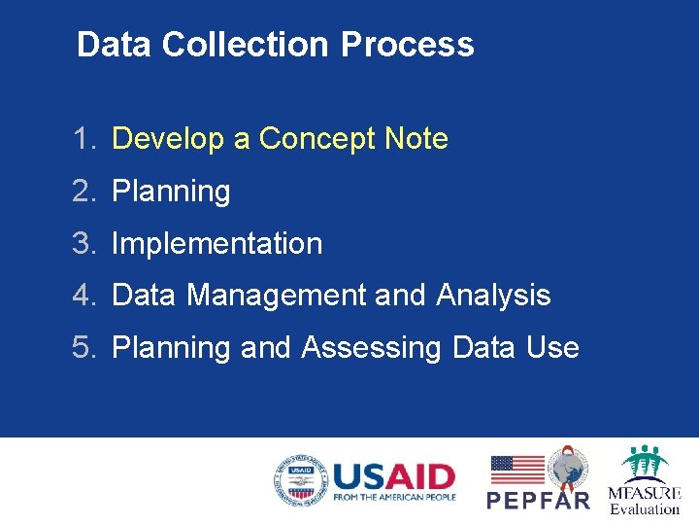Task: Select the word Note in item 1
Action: pyautogui.click(x=416, y=139)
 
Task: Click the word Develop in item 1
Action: pyautogui.click(x=168, y=139)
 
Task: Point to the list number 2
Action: pyautogui.click(x=83, y=192)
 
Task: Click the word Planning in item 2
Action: pyautogui.click(x=172, y=192)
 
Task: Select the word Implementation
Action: pyautogui.click(x=216, y=243)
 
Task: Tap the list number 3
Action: pyautogui.click(x=83, y=243)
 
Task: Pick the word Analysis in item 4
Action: pyautogui.click(x=493, y=295)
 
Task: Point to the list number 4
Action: pyautogui.click(x=83, y=295)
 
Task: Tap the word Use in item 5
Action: pyautogui.click(x=551, y=347)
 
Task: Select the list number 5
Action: pyautogui.click(x=83, y=347)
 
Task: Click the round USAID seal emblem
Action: pyautogui.click(x=300, y=480)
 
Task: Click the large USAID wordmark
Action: pyautogui.click(x=393, y=476)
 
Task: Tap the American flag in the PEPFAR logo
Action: pyautogui.click(x=517, y=470)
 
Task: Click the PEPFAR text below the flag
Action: pyautogui.click(x=538, y=501)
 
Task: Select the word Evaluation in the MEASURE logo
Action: pyautogui.click(x=645, y=508)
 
